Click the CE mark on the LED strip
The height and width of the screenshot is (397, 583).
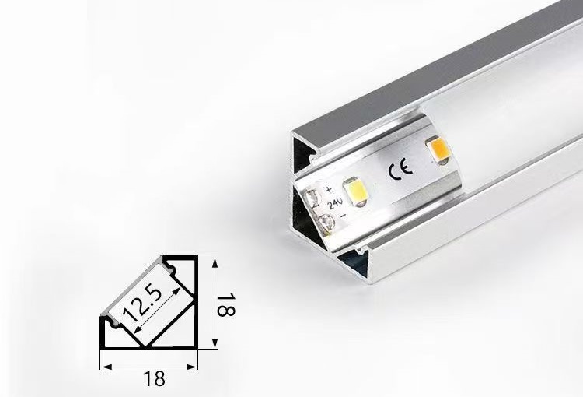400,170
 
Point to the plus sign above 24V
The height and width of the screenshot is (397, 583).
329,190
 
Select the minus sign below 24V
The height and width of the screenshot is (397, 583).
344,216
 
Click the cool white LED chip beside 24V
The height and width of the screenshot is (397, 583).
356,192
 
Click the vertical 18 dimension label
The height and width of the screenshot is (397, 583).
225,304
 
